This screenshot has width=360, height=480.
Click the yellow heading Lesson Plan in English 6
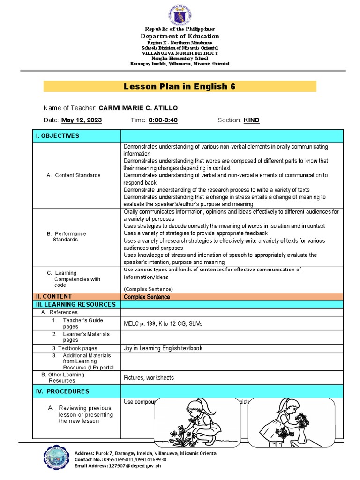pyautogui.click(x=180, y=86)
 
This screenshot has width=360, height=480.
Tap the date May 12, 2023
pyautogui.click(x=82, y=120)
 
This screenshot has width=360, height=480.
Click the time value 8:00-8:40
pyautogui.click(x=163, y=120)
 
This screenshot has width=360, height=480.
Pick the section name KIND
pyautogui.click(x=251, y=120)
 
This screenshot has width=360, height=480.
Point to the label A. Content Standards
pyautogui.click(x=74, y=175)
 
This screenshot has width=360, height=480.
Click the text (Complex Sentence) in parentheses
pyautogui.click(x=148, y=289)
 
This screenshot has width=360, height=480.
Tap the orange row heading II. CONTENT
pyautogui.click(x=54, y=296)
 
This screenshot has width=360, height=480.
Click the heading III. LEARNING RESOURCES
pyautogui.click(x=75, y=304)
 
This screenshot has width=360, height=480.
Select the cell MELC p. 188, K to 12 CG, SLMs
pyautogui.click(x=163, y=324)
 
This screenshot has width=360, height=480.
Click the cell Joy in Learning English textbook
pyautogui.click(x=163, y=348)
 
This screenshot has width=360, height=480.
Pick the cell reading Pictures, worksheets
pyautogui.click(x=149, y=378)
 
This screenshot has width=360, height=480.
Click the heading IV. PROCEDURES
pyautogui.click(x=63, y=391)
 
